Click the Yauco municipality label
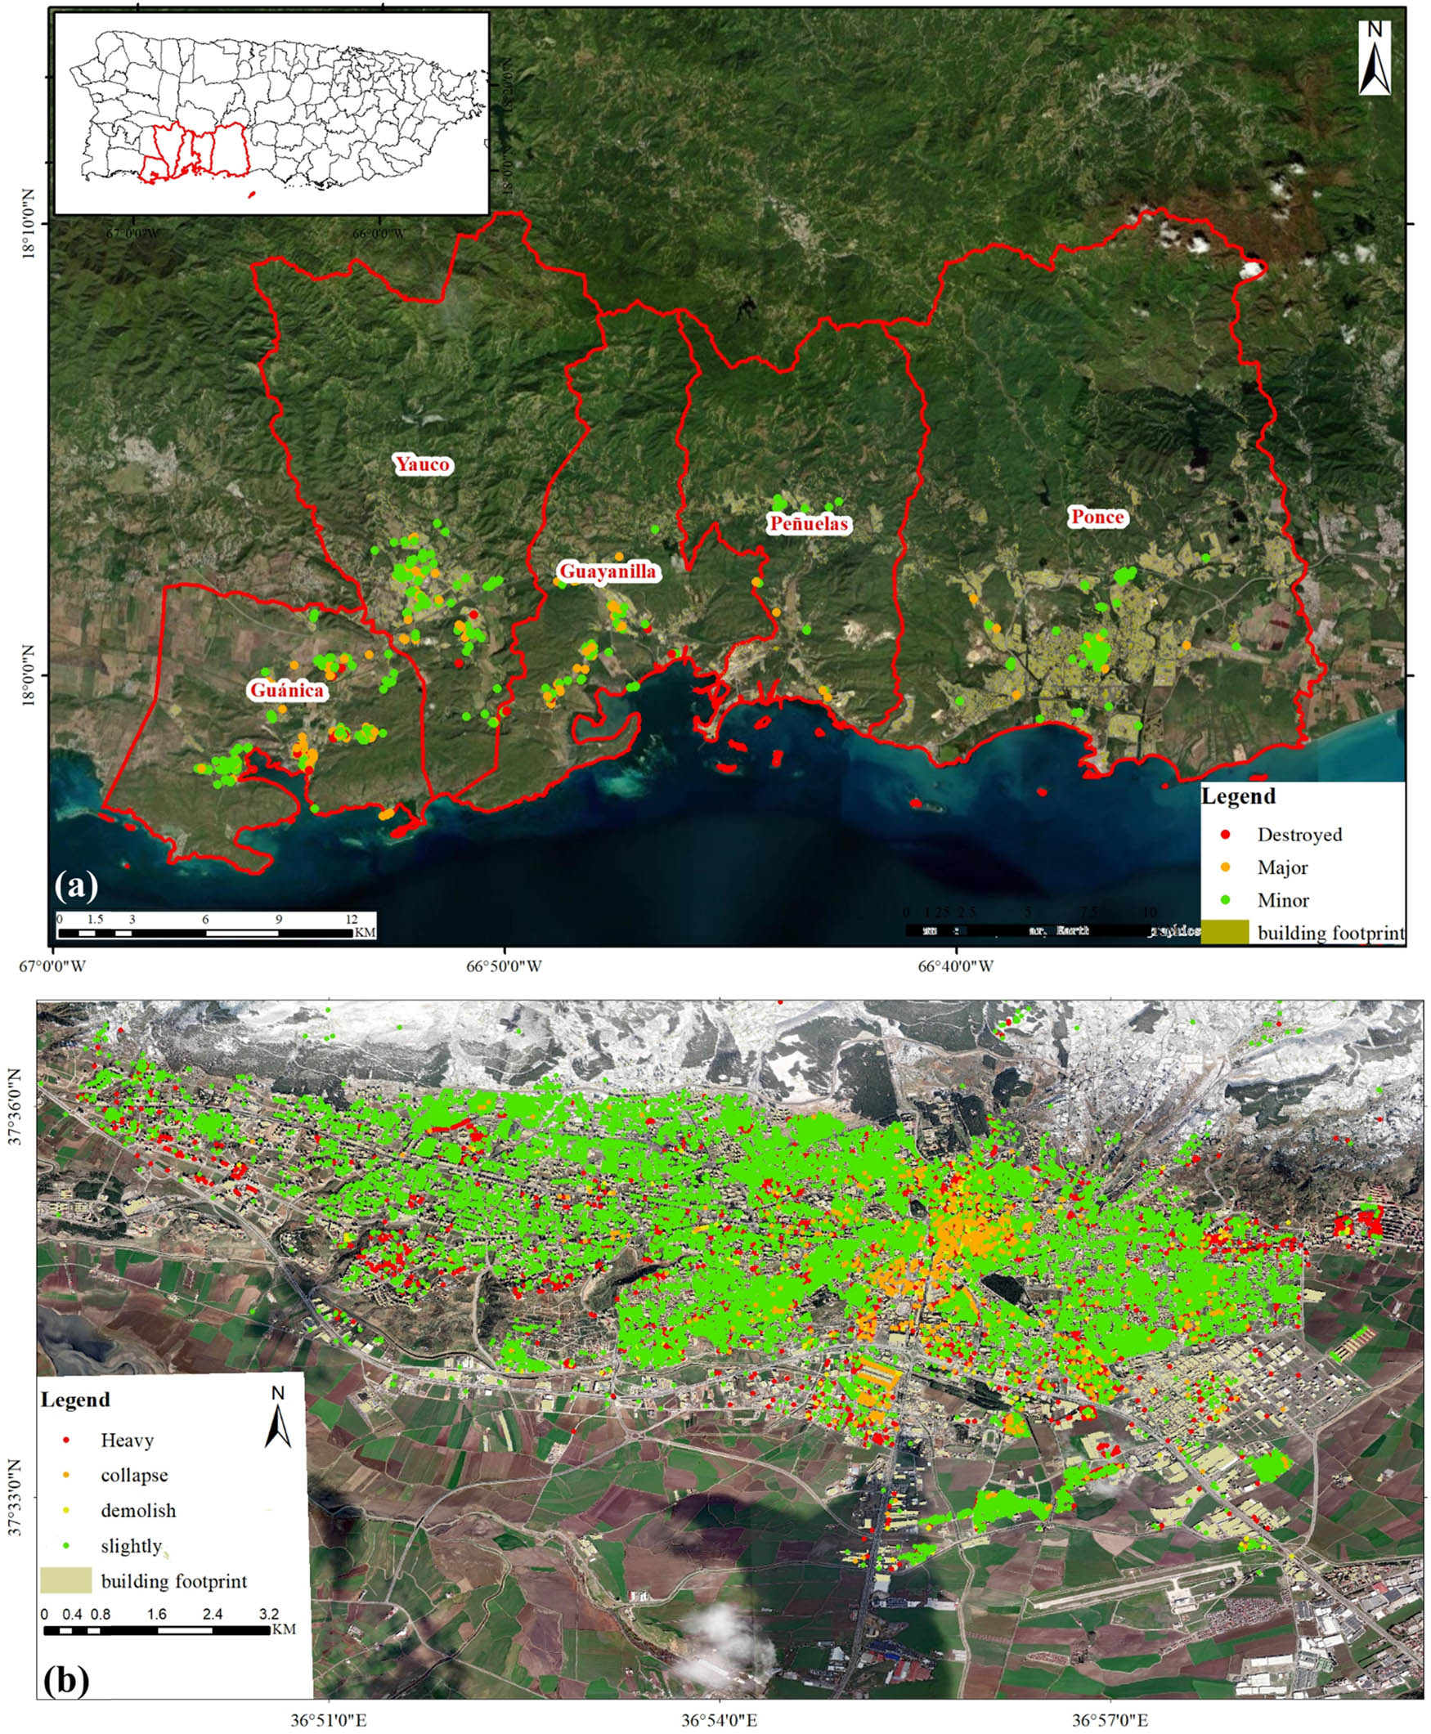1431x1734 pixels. (422, 464)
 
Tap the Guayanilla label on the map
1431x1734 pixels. (608, 571)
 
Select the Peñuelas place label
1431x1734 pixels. (808, 523)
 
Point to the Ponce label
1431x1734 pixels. (1097, 517)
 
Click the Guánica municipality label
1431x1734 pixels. (287, 690)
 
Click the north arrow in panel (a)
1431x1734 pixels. (1374, 58)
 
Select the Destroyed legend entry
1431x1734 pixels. (1299, 835)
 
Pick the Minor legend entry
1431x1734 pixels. (1283, 900)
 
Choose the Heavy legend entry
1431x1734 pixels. (127, 1440)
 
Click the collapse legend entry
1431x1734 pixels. (133, 1475)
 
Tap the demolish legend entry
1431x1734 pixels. (137, 1511)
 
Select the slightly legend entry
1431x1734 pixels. (131, 1546)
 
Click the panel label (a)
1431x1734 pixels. (76, 886)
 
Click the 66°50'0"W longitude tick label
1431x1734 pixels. (504, 965)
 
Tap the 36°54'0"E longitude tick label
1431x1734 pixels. (719, 1721)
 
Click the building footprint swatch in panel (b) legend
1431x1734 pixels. (66, 1580)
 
